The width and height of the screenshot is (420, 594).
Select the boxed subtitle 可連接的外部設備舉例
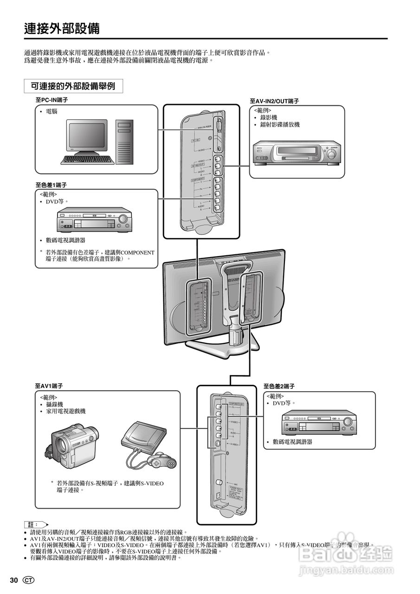[x=73, y=86]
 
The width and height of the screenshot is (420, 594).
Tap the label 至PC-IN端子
[x=52, y=100]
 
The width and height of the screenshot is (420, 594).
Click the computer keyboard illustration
[x=88, y=159]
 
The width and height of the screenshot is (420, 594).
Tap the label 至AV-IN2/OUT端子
[x=274, y=101]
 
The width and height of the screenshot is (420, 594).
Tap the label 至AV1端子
[x=49, y=386]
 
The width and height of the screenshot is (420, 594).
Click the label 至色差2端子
[x=279, y=386]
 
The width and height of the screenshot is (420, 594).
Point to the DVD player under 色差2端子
[x=319, y=422]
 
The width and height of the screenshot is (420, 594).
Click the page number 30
[x=13, y=581]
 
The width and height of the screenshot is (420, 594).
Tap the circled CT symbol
[x=28, y=581]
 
